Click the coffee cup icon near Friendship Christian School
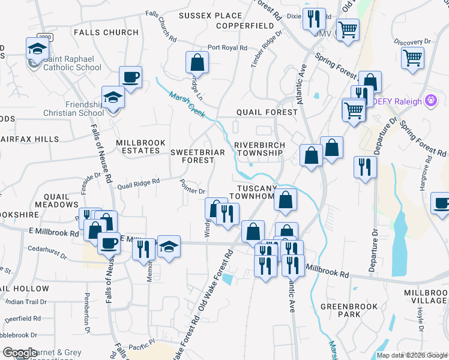point(130,78)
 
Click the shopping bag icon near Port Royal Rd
point(197,62)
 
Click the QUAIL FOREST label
point(267,112)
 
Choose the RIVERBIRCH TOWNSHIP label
point(258,149)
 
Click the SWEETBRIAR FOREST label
point(197,156)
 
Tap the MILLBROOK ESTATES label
point(137,146)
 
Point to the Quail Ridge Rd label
point(139,182)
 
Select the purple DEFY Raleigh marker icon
point(430,101)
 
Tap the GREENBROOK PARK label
point(348,310)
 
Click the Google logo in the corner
point(20,353)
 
